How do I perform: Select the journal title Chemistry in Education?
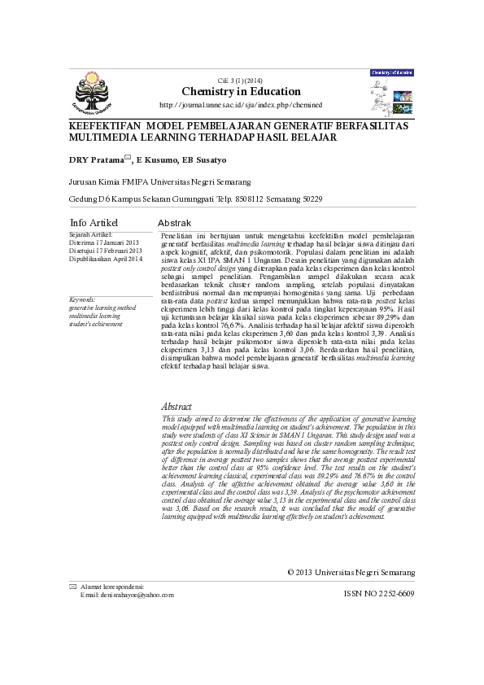pos(241,91)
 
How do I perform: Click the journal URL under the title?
pos(241,106)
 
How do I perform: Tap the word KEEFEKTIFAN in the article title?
pos(95,128)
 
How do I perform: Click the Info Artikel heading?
pos(94,223)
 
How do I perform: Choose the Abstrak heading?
pos(174,223)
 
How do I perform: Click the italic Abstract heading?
pos(177,405)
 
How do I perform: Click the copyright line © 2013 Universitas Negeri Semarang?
pos(351,573)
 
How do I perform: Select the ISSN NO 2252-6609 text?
pos(380,594)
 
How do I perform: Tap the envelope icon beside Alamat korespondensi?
pos(73,587)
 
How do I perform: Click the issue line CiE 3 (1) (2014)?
pos(241,80)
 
